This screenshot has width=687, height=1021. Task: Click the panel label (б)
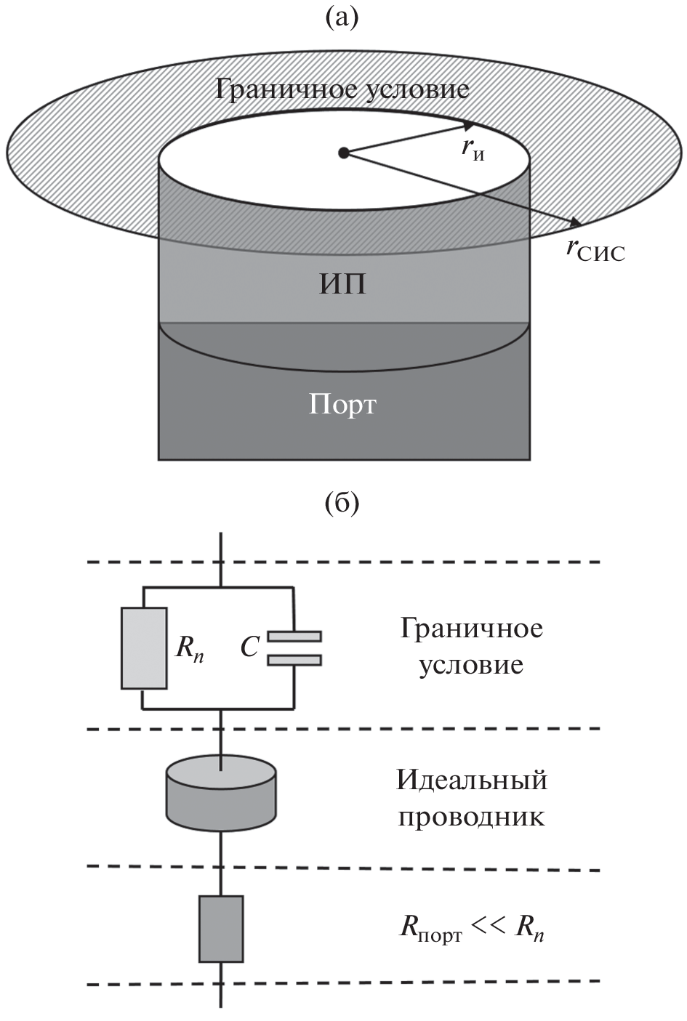pos(342,502)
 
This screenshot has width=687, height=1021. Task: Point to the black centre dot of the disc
pos(344,153)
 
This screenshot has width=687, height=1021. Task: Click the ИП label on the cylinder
pos(342,284)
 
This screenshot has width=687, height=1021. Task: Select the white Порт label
pos(342,404)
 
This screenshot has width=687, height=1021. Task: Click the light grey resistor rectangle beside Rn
pos(144,649)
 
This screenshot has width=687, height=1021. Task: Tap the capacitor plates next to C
pos(294,648)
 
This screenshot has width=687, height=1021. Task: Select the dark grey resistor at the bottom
pos(221,928)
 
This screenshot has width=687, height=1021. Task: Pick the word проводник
pos(471,818)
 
